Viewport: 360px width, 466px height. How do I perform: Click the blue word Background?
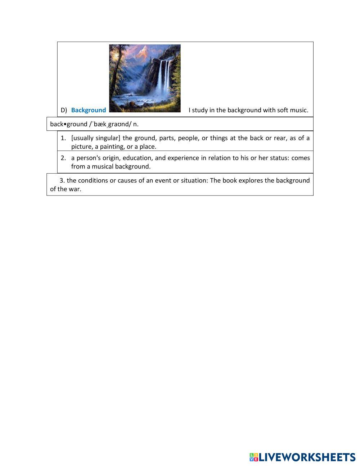click(x=89, y=110)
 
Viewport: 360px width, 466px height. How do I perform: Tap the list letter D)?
click(x=64, y=110)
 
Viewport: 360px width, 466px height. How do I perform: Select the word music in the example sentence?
click(x=300, y=110)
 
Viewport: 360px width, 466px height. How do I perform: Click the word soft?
click(x=283, y=110)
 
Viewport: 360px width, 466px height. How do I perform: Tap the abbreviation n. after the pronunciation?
click(x=136, y=124)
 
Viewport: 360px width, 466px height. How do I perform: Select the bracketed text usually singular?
click(x=95, y=138)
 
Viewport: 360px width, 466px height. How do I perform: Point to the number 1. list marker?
click(x=63, y=138)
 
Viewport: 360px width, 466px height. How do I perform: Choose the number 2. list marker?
click(x=63, y=158)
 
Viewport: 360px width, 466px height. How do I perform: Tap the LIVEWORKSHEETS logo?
click(x=302, y=457)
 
